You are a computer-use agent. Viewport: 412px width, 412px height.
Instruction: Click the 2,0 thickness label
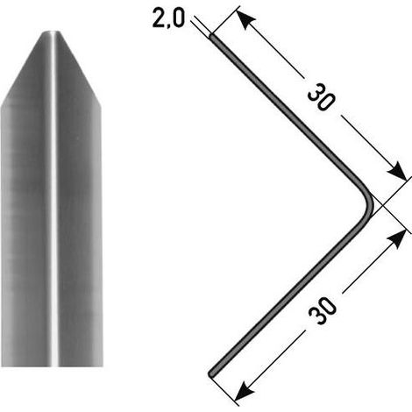pos(168,19)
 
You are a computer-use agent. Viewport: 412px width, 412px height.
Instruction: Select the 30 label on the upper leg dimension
pos(321,97)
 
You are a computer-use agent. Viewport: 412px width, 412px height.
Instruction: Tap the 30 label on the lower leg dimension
pos(323,311)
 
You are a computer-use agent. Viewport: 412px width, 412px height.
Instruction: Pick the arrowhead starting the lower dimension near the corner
pos(397,238)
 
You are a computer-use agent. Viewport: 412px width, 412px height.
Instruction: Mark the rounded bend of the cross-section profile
pos(368,203)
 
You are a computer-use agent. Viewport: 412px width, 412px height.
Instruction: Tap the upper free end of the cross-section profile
pos(211,37)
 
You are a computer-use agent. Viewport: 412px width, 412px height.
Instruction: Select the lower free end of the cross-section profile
pos(211,373)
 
